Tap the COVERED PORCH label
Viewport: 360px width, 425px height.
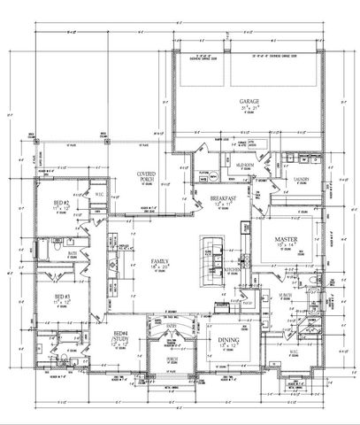tap(147, 175)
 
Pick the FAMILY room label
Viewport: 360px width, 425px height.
tap(160, 261)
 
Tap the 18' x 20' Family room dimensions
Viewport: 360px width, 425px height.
tap(160, 268)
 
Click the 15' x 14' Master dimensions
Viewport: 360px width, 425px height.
tap(285, 247)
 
